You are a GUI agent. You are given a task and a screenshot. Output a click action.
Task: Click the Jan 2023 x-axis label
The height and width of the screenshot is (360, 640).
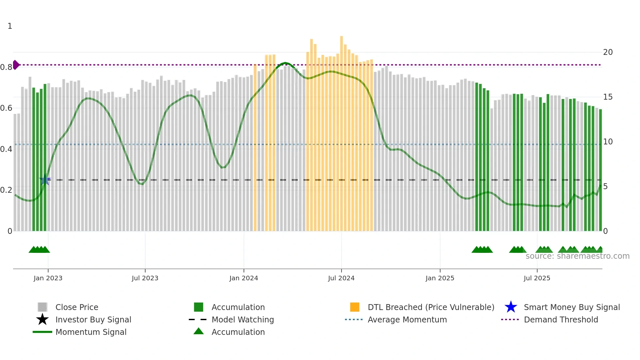pyautogui.click(x=48, y=278)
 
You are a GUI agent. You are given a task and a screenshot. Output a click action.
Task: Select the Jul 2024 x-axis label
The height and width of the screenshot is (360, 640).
pyautogui.click(x=341, y=278)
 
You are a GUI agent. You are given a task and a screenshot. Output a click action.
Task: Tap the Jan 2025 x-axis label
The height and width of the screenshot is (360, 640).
pyautogui.click(x=440, y=278)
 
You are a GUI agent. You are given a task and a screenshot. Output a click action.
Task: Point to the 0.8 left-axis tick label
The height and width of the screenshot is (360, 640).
pyautogui.click(x=6, y=67)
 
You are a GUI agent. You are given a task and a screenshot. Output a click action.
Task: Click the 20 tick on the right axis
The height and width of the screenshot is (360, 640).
pyautogui.click(x=608, y=52)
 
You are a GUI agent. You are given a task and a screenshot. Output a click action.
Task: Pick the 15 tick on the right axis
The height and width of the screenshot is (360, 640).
pyautogui.click(x=608, y=97)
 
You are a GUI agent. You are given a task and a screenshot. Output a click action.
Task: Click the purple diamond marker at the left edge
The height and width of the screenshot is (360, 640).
pyautogui.click(x=16, y=65)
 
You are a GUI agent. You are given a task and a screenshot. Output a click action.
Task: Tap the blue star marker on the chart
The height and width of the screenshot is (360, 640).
pyautogui.click(x=45, y=180)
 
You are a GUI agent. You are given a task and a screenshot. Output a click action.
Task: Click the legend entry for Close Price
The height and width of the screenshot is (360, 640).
pyautogui.click(x=77, y=307)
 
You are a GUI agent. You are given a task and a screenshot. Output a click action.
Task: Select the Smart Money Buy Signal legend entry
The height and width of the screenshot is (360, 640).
pyautogui.click(x=572, y=307)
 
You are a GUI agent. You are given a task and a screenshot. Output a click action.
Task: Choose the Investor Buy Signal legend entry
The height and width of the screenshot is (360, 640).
pyautogui.click(x=93, y=319)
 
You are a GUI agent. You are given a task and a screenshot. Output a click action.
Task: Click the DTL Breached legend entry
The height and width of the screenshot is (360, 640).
pyautogui.click(x=431, y=307)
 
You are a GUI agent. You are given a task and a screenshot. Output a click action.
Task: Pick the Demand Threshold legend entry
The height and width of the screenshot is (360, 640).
pyautogui.click(x=561, y=319)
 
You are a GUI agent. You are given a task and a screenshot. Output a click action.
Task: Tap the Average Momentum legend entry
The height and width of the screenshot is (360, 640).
pyautogui.click(x=407, y=319)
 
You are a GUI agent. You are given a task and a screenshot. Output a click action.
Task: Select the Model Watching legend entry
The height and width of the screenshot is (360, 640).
pyautogui.click(x=243, y=319)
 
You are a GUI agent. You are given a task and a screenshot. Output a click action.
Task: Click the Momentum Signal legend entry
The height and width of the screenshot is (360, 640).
pyautogui.click(x=91, y=332)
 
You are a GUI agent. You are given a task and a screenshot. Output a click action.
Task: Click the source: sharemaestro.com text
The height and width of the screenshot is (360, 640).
pyautogui.click(x=577, y=256)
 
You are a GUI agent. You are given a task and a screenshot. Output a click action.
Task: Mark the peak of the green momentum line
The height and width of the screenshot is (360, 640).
pyautogui.click(x=285, y=63)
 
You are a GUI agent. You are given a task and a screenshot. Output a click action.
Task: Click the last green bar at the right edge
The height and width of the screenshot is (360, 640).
pyautogui.click(x=600, y=170)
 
